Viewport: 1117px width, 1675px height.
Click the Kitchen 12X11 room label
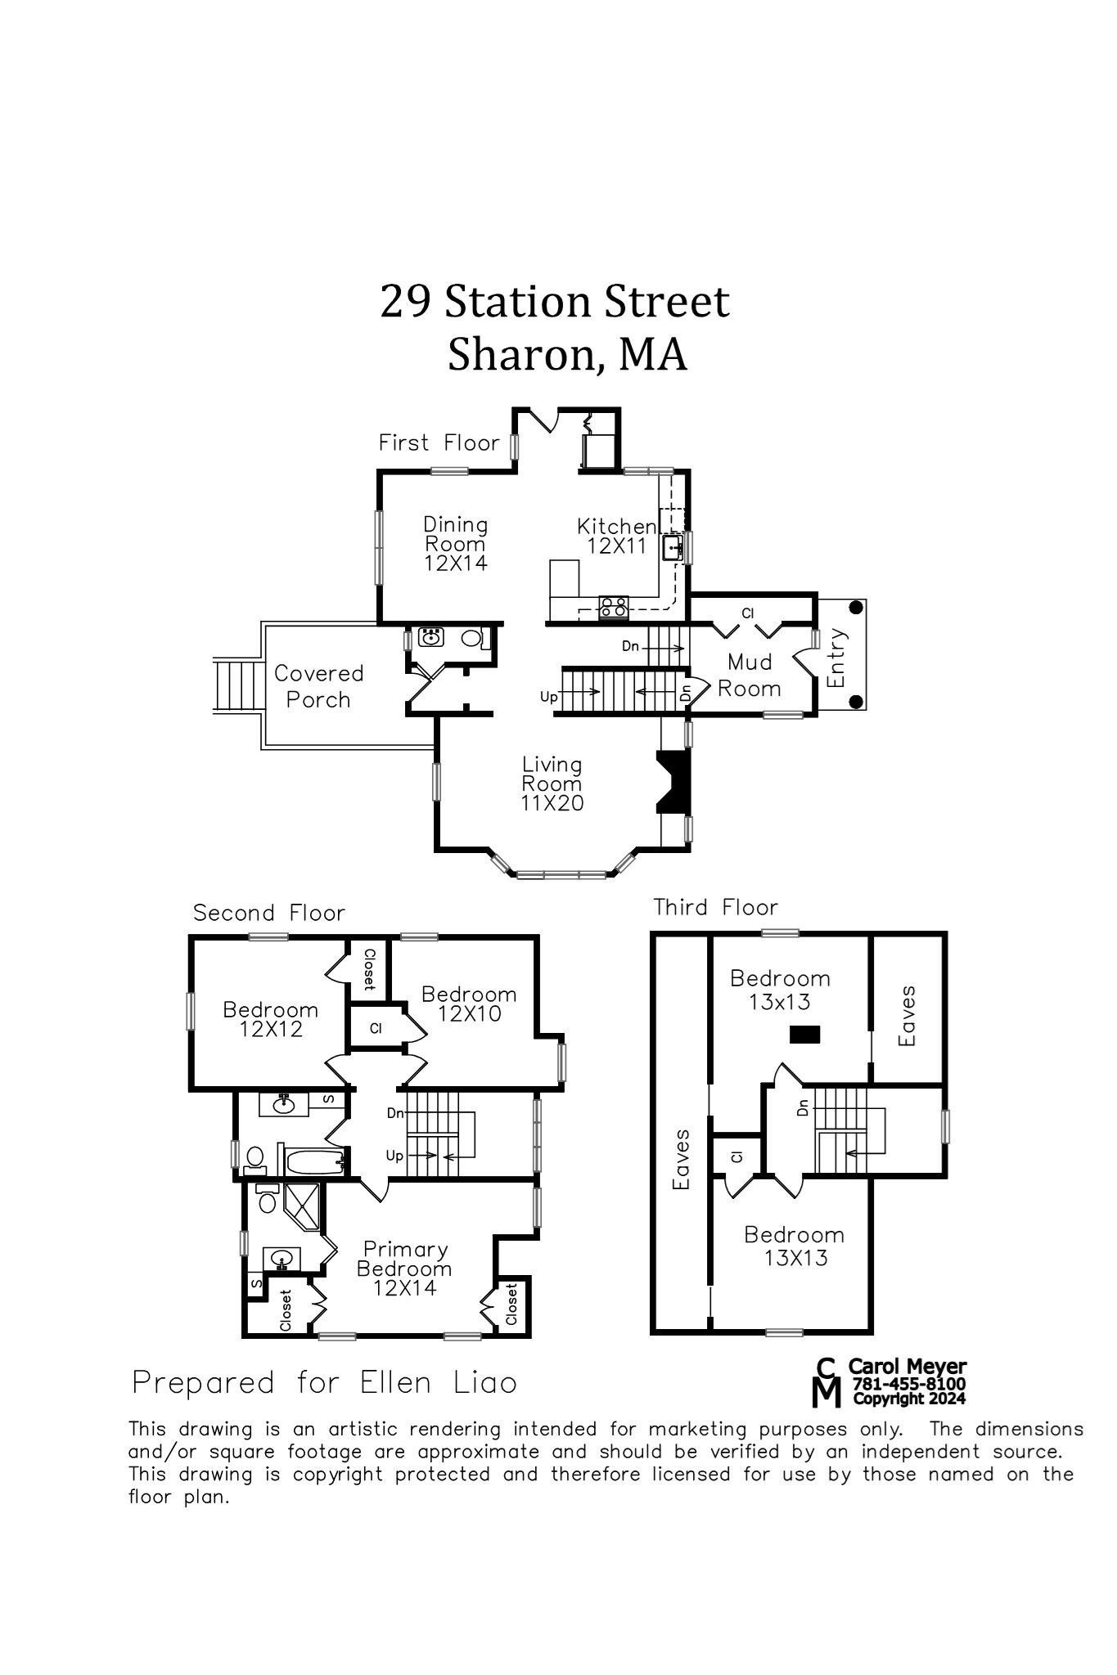pyautogui.click(x=615, y=536)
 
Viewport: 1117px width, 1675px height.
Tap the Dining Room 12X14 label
pyautogui.click(x=455, y=543)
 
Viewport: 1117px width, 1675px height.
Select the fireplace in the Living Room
pyautogui.click(x=673, y=781)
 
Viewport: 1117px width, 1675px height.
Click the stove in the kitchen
pyautogui.click(x=614, y=607)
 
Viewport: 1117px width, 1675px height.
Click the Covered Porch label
pyautogui.click(x=318, y=686)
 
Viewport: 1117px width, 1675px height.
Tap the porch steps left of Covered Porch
pyautogui.click(x=237, y=685)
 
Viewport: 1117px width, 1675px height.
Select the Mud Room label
pyautogui.click(x=749, y=675)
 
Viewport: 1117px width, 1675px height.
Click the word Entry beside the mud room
pyautogui.click(x=835, y=658)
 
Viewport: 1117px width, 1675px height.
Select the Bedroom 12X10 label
pyautogui.click(x=469, y=1004)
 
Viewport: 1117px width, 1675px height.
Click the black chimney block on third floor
pyautogui.click(x=804, y=1035)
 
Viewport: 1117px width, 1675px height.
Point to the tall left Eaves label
pyautogui.click(x=681, y=1159)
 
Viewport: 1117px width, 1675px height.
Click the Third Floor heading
pyautogui.click(x=715, y=907)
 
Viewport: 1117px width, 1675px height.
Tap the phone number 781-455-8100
pyautogui.click(x=908, y=1383)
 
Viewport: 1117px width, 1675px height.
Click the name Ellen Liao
pyautogui.click(x=438, y=1383)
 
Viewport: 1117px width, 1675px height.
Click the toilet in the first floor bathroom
pyautogui.click(x=472, y=638)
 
